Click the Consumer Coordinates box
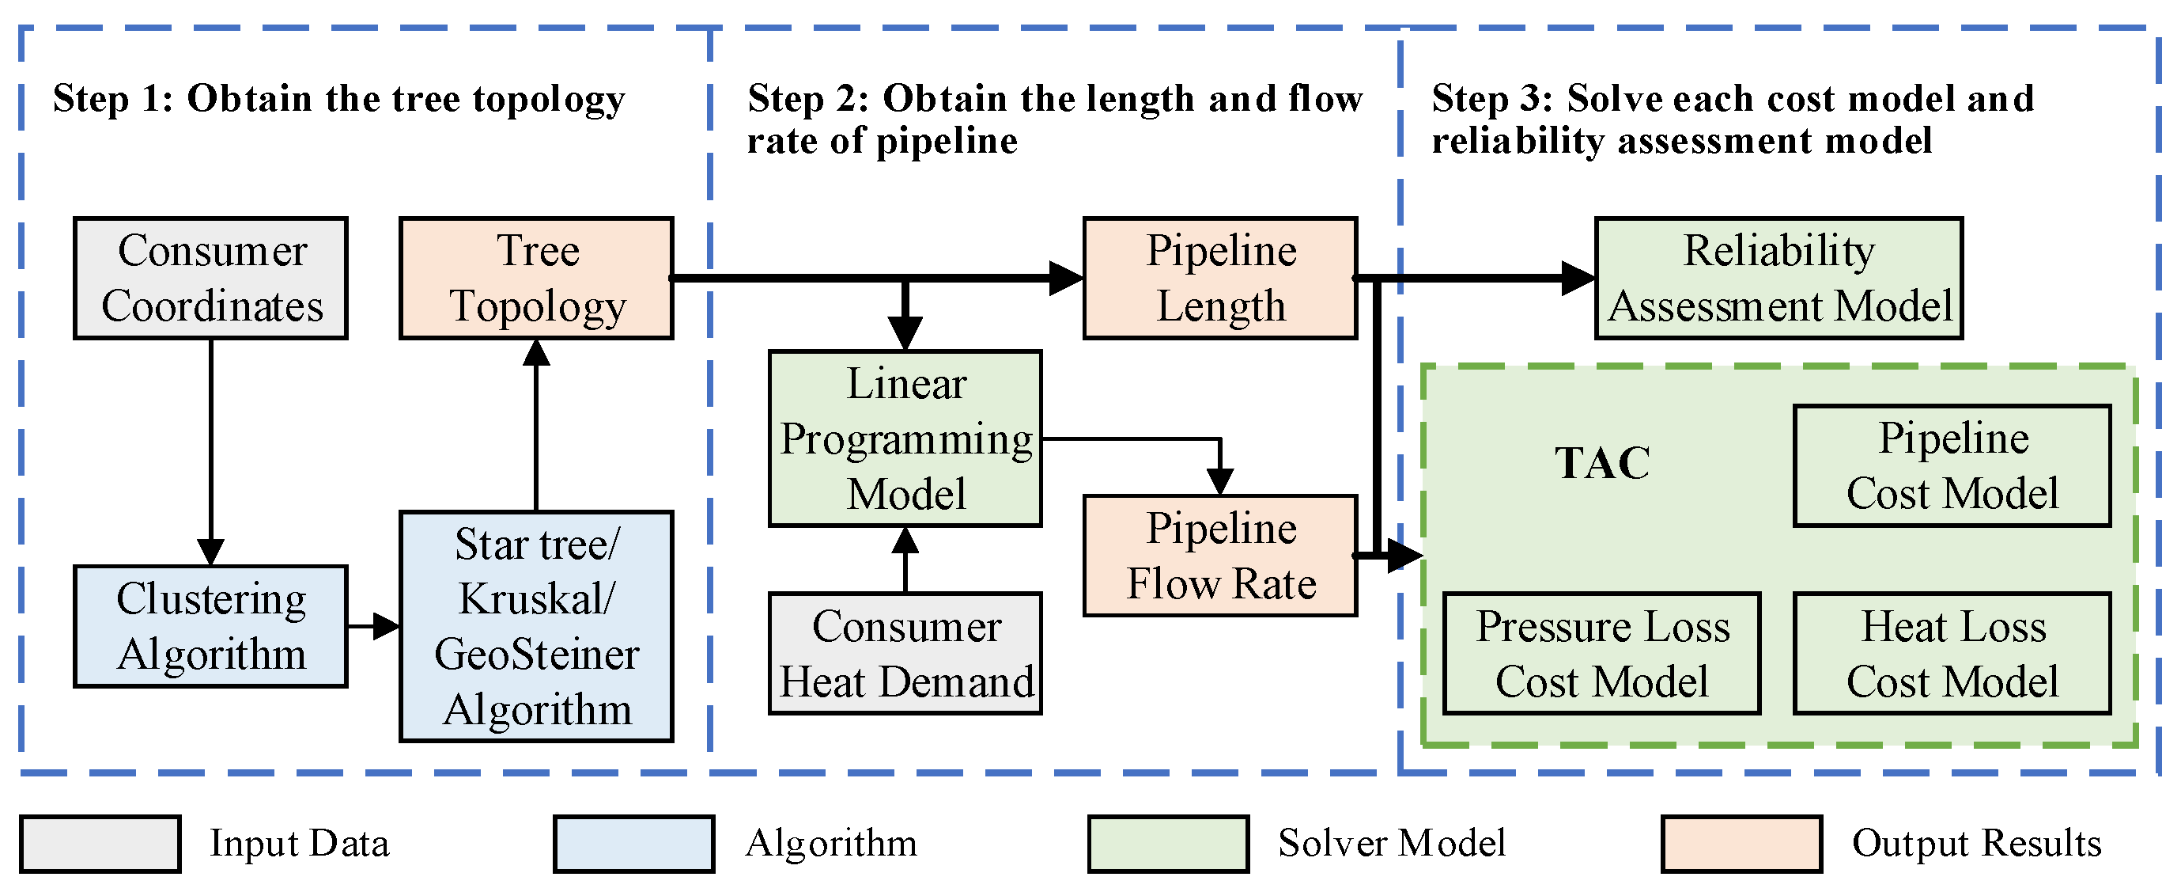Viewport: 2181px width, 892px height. [x=210, y=278]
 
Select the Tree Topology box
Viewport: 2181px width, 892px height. [x=536, y=278]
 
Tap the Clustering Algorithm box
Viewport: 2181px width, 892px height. [x=210, y=626]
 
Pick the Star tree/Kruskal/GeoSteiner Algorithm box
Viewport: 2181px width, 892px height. [x=536, y=626]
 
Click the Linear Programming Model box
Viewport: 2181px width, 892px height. [x=905, y=438]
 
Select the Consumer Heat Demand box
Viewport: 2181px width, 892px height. [x=905, y=653]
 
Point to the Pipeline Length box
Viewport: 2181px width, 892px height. [x=1220, y=278]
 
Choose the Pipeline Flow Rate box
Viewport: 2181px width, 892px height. [x=1220, y=556]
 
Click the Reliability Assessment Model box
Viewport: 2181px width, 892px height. [x=1778, y=278]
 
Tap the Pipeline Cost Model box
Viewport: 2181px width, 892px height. [x=1952, y=466]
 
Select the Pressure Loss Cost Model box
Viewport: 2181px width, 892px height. [x=1601, y=653]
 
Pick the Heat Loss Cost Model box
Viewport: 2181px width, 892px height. [x=1952, y=653]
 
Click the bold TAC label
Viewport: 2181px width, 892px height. [x=1602, y=463]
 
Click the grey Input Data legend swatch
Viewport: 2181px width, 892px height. [x=100, y=844]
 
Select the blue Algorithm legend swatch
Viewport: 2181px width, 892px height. [x=633, y=844]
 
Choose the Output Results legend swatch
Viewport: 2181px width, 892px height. [x=1741, y=844]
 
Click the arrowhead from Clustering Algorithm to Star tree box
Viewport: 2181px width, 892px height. [x=387, y=626]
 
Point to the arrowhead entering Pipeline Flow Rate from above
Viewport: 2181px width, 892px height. [x=1219, y=481]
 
